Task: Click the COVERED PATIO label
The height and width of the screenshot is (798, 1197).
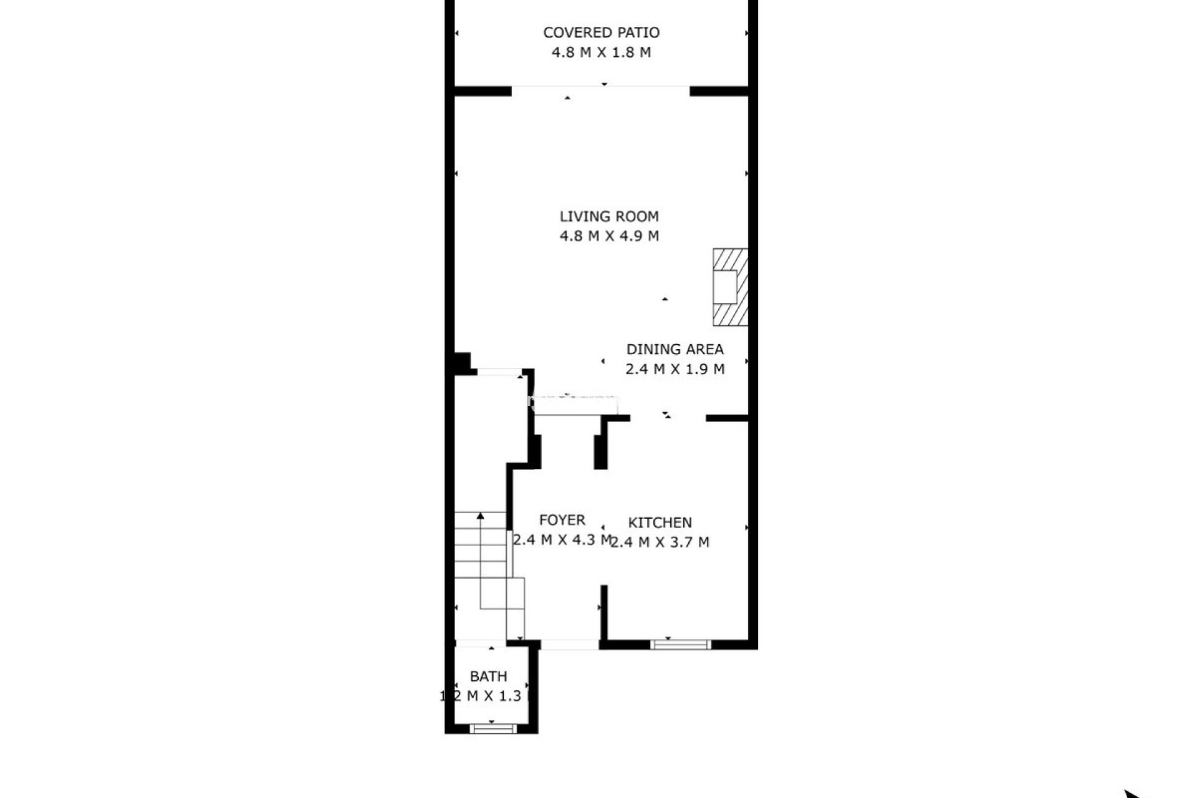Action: [x=601, y=32]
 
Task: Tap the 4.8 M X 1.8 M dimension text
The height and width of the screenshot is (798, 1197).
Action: [x=601, y=52]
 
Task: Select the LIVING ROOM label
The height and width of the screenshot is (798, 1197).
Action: [x=609, y=216]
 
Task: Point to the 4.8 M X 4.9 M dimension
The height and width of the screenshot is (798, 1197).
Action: [x=609, y=236]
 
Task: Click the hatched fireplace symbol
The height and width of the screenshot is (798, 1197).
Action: [x=730, y=287]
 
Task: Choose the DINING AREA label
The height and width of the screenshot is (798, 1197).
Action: [x=675, y=349]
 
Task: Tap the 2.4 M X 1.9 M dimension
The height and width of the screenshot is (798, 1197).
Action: [x=675, y=369]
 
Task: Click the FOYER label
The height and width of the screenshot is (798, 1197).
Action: [x=562, y=520]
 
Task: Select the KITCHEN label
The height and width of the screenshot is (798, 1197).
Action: [x=660, y=522]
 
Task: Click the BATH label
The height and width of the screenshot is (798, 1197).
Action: [x=488, y=676]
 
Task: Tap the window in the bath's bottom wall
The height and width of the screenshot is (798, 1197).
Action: [x=493, y=728]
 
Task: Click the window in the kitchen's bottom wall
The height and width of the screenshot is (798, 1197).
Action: [x=680, y=644]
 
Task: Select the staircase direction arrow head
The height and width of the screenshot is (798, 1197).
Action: [x=480, y=516]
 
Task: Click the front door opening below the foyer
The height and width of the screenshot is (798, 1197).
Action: [x=570, y=645]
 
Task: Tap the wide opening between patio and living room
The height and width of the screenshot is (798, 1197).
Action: [x=600, y=91]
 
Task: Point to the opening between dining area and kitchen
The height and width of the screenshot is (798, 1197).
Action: [x=668, y=418]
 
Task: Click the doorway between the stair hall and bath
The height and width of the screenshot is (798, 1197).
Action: [x=480, y=643]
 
